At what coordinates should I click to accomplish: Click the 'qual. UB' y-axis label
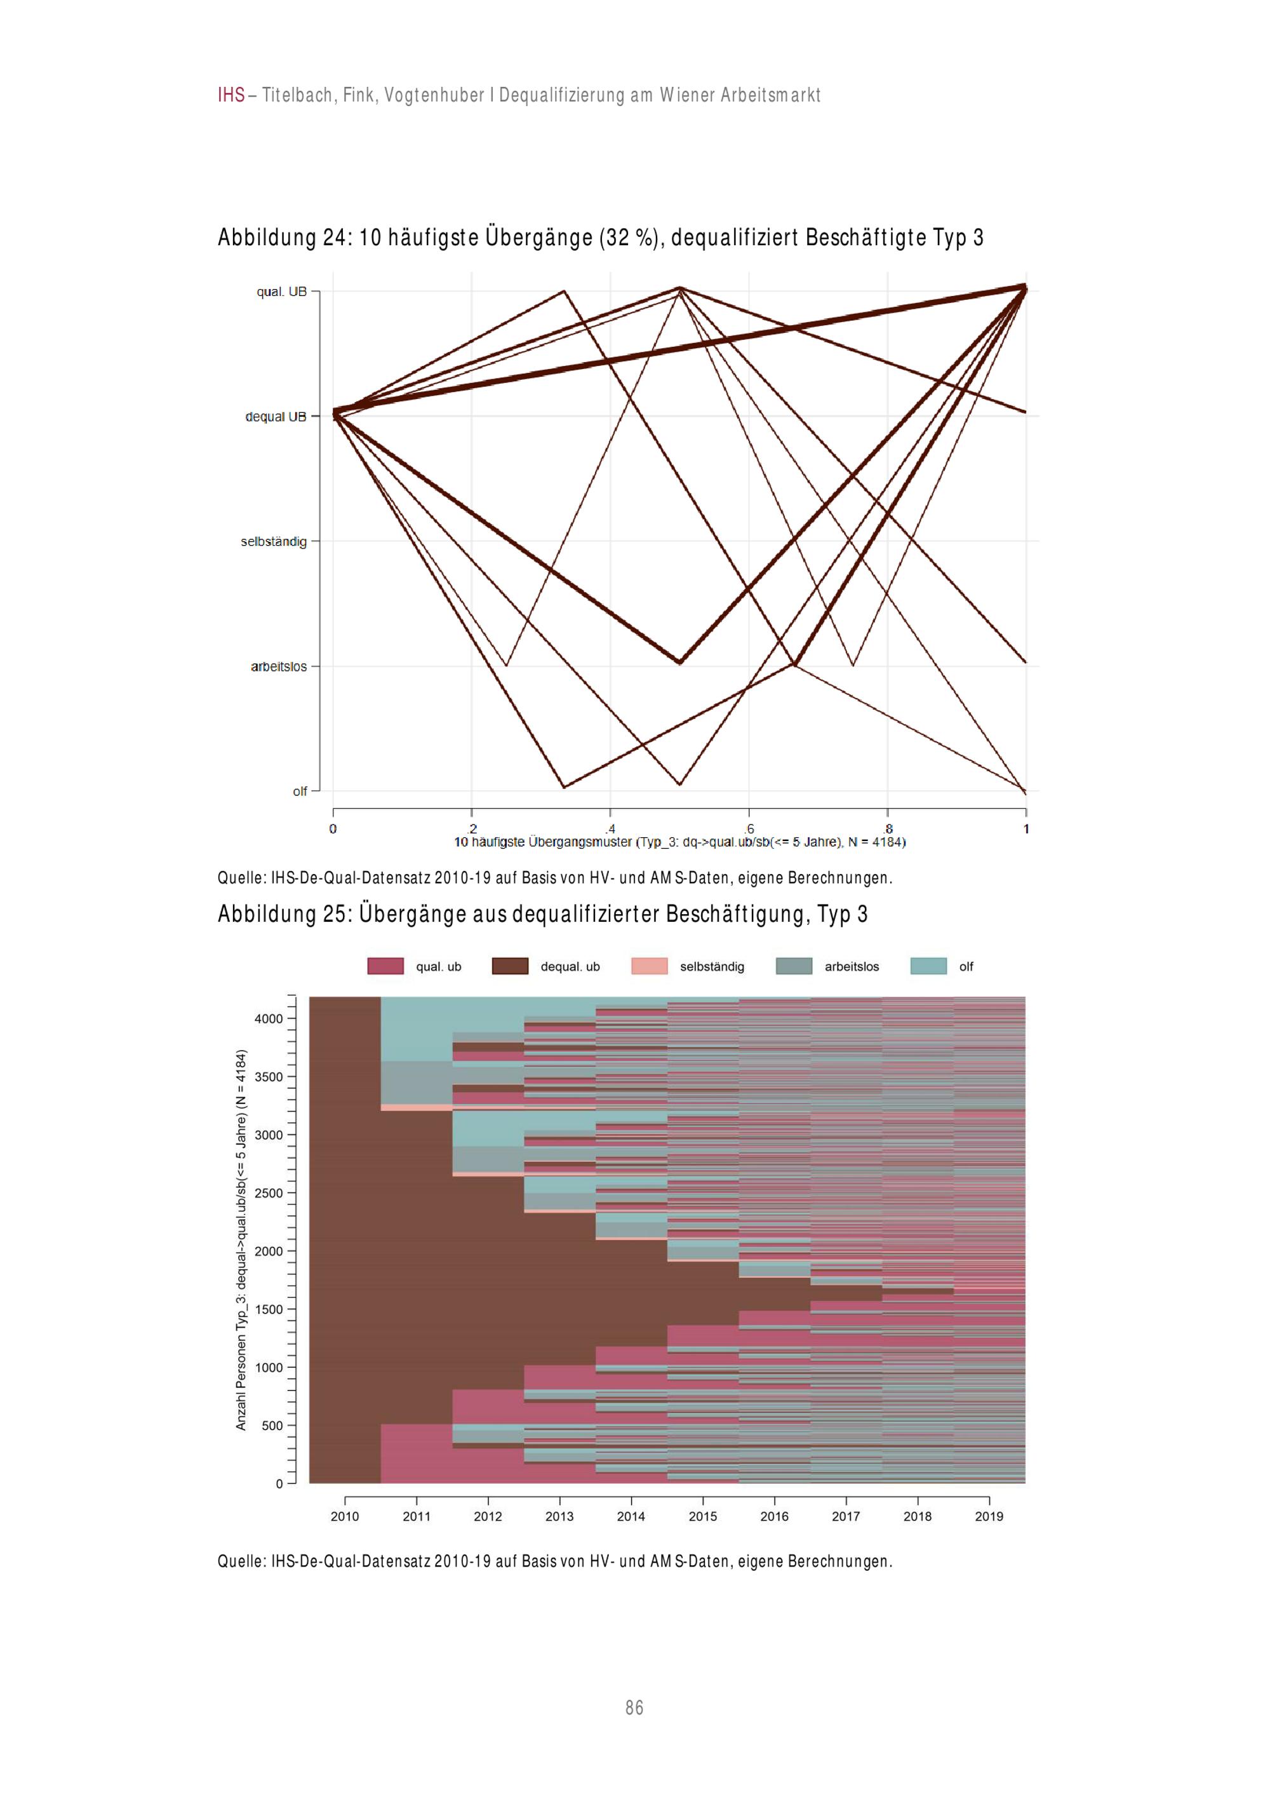coord(281,292)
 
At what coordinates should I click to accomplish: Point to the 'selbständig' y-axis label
coord(274,541)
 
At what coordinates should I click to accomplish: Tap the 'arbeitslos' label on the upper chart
coord(278,667)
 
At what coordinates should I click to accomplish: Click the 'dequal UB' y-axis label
coord(276,417)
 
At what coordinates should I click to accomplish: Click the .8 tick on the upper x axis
coord(888,828)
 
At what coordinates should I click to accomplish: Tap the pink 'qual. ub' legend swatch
coord(385,966)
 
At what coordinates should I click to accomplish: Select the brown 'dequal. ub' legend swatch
coord(510,966)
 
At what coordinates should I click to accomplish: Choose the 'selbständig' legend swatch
coord(650,966)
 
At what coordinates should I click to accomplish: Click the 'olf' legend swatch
coord(928,966)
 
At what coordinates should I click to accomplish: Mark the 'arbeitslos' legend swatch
coord(794,966)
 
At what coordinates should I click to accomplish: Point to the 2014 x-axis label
coord(631,1516)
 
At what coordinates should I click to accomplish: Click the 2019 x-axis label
coord(989,1516)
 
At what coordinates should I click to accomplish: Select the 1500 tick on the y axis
coord(268,1309)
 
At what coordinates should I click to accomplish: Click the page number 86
coord(634,1708)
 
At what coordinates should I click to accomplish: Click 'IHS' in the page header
coord(231,95)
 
